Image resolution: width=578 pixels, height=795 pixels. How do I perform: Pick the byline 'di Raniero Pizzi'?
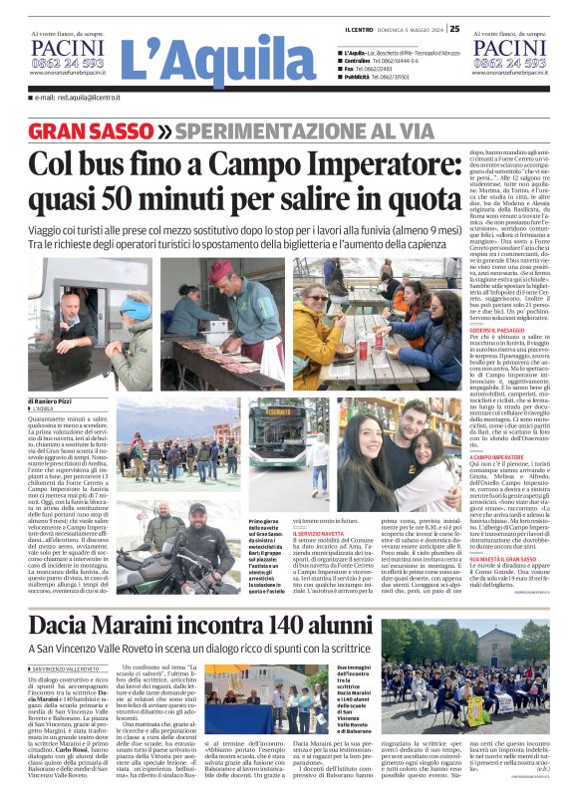click(x=50, y=400)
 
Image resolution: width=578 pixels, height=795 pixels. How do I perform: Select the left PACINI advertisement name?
click(x=65, y=47)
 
